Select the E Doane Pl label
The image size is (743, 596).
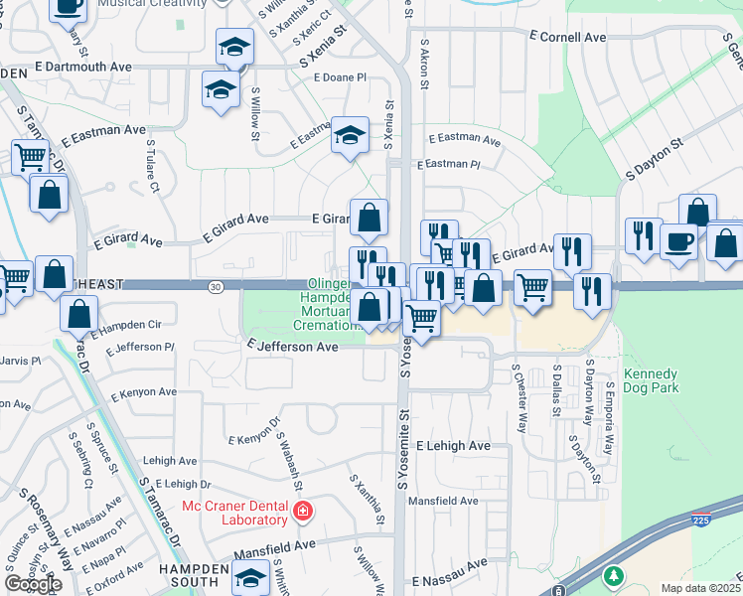pyautogui.click(x=340, y=77)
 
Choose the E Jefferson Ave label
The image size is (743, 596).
pyautogui.click(x=292, y=348)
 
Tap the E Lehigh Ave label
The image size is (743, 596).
pyautogui.click(x=453, y=446)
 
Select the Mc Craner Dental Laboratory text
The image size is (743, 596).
pyautogui.click(x=233, y=513)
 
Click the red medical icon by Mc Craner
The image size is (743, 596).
pyautogui.click(x=303, y=514)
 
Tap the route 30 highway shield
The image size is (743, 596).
pyautogui.click(x=216, y=285)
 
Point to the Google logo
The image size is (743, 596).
pyautogui.click(x=34, y=584)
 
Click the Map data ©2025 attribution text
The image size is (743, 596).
pyautogui.click(x=700, y=588)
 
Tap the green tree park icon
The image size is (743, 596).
pyautogui.click(x=614, y=575)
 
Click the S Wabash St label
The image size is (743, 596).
pyautogui.click(x=288, y=457)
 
